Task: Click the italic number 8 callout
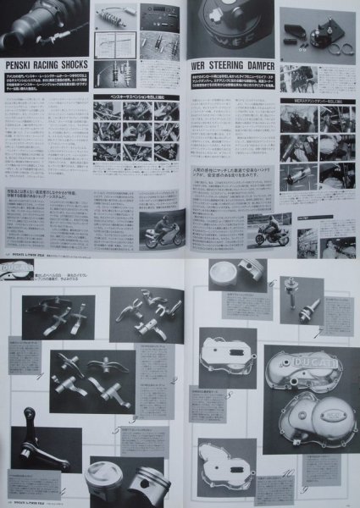[229, 395]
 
